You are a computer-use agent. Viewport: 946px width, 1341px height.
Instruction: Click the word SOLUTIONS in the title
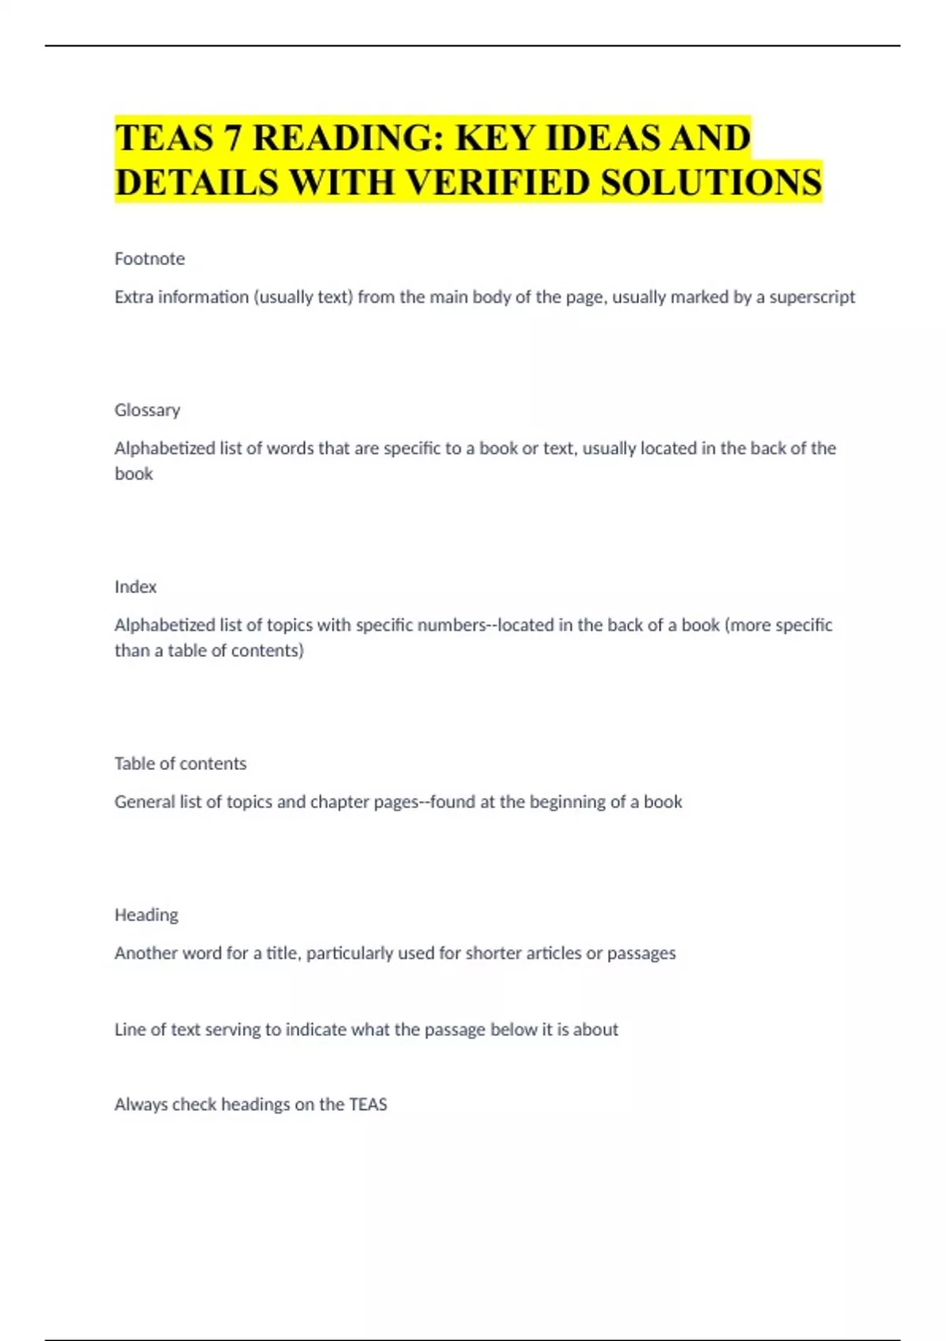[711, 182]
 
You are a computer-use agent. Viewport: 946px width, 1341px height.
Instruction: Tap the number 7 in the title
[233, 138]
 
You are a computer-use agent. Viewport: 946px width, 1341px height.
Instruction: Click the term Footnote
[150, 259]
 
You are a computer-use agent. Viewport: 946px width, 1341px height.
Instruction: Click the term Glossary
[147, 410]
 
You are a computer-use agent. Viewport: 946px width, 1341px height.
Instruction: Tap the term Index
[136, 587]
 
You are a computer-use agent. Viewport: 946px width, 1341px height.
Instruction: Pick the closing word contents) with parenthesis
[267, 651]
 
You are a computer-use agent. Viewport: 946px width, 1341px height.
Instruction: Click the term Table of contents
[181, 764]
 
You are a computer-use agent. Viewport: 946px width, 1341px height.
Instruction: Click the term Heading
[147, 915]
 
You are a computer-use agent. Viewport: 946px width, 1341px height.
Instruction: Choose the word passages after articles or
[641, 953]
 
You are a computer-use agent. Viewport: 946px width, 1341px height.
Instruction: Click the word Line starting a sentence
[129, 1029]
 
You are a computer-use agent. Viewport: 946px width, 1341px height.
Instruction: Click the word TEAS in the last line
[368, 1104]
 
